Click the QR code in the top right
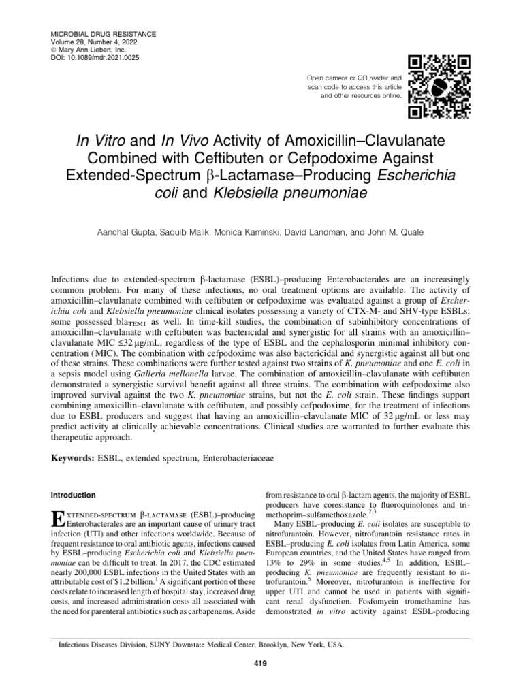coord(443,84)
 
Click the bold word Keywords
coord(75,459)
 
